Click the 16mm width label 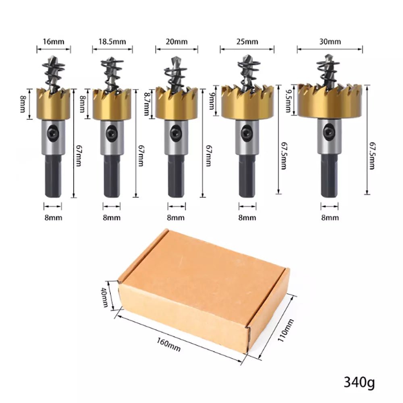pyautogui.click(x=54, y=42)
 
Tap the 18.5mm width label pyautogui.click(x=112, y=42)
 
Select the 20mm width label pyautogui.click(x=177, y=42)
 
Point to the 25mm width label pyautogui.click(x=247, y=42)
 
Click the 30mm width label pyautogui.click(x=330, y=42)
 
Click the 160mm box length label pyautogui.click(x=168, y=344)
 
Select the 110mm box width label pyautogui.click(x=286, y=330)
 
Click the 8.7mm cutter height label pyautogui.click(x=147, y=104)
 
